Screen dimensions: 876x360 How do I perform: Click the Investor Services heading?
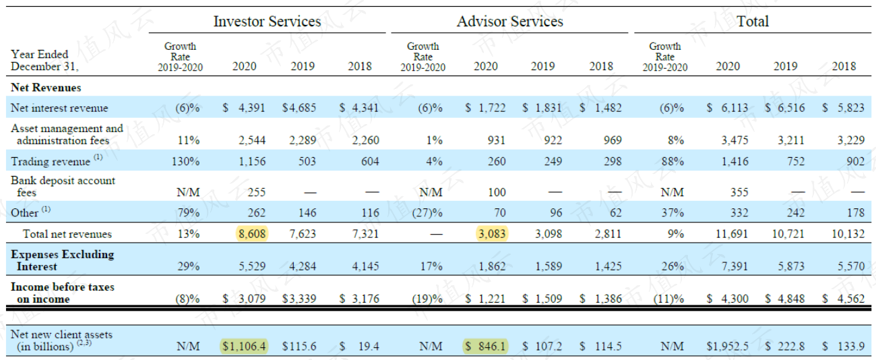pyautogui.click(x=267, y=21)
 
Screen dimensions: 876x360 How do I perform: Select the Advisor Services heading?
pyautogui.click(x=510, y=21)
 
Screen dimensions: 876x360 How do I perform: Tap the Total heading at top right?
pyautogui.click(x=753, y=21)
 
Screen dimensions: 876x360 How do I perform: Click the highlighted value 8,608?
pyautogui.click(x=252, y=234)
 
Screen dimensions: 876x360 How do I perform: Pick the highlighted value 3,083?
pyautogui.click(x=492, y=234)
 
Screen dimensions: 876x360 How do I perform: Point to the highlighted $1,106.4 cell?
pyautogui.click(x=245, y=347)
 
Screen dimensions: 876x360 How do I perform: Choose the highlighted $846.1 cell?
pyautogui.click(x=485, y=347)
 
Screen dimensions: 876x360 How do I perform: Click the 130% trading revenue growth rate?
pyautogui.click(x=186, y=161)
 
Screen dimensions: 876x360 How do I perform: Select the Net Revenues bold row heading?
pyautogui.click(x=46, y=87)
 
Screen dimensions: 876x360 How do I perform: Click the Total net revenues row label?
pyautogui.click(x=67, y=234)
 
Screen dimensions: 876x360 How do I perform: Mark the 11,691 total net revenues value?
pyautogui.click(x=732, y=234)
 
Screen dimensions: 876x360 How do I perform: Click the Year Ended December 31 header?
pyautogui.click(x=44, y=60)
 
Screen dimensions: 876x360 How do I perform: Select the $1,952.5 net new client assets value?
pyautogui.click(x=727, y=347)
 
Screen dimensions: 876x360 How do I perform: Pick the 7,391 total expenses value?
pyautogui.click(x=734, y=266)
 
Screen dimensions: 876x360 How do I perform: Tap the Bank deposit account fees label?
pyautogui.click(x=63, y=186)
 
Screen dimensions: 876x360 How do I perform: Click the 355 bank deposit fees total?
pyautogui.click(x=739, y=192)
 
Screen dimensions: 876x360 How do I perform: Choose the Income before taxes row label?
pyautogui.click(x=62, y=293)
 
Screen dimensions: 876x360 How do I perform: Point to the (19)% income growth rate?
pyautogui.click(x=427, y=299)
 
